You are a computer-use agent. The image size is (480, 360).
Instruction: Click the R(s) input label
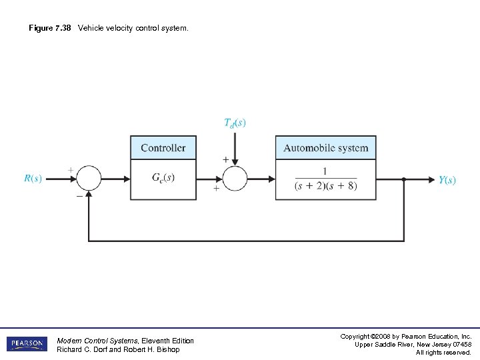coord(33,179)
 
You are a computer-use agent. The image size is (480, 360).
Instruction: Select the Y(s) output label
coord(447,180)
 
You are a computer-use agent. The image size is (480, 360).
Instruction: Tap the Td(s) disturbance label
coord(234,123)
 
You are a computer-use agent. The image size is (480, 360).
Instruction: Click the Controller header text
coord(163,148)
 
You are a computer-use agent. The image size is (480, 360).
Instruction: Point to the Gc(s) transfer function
coord(163,178)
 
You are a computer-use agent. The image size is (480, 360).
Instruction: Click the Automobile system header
coord(325,148)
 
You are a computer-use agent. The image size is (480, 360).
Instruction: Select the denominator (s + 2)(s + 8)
coord(325,186)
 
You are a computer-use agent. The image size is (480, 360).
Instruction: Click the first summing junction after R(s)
coord(89,179)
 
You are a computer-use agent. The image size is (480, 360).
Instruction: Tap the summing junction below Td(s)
coord(235,179)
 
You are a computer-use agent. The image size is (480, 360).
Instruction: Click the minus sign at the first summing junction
coord(79,197)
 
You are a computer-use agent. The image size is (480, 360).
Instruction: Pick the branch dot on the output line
coord(404,179)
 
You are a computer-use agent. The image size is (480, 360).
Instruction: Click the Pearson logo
coord(27,344)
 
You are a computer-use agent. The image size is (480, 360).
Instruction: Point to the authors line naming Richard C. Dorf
coord(118,349)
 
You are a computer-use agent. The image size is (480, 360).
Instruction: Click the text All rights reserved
coord(443,352)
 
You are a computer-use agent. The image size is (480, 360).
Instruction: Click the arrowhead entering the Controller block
coord(125,179)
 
